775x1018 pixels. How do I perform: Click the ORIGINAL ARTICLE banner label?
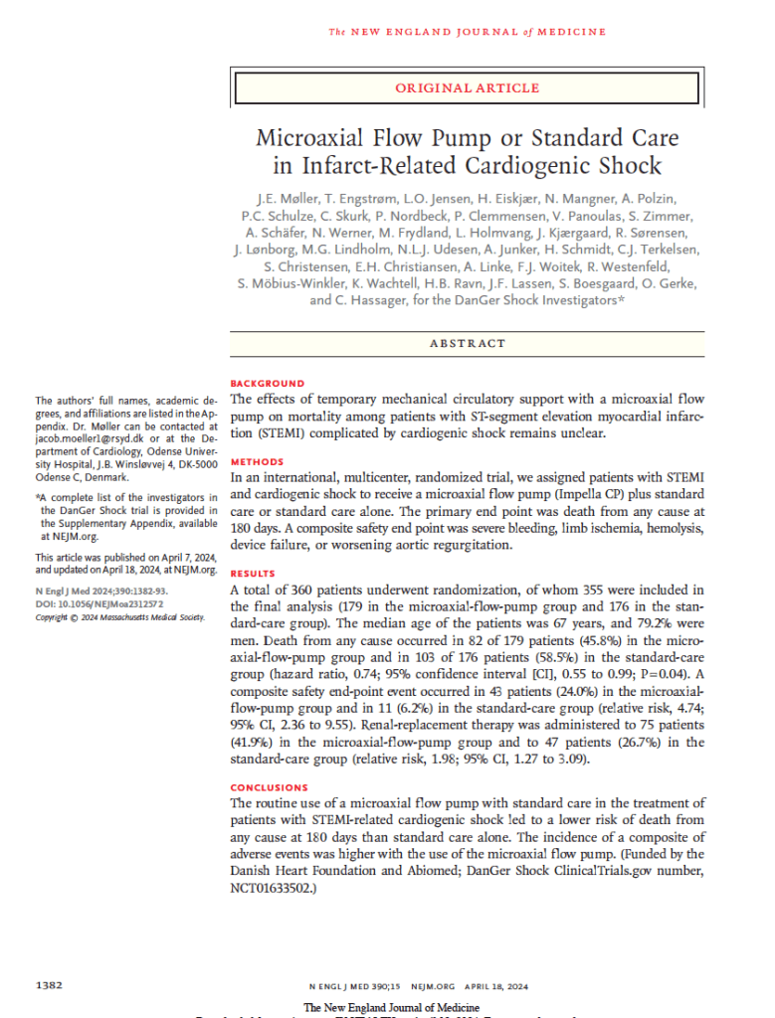(468, 88)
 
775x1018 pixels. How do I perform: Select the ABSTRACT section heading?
(468, 343)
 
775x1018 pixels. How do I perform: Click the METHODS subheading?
(257, 462)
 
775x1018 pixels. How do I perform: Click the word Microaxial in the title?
(318, 135)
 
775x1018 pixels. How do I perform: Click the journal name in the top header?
(468, 32)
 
